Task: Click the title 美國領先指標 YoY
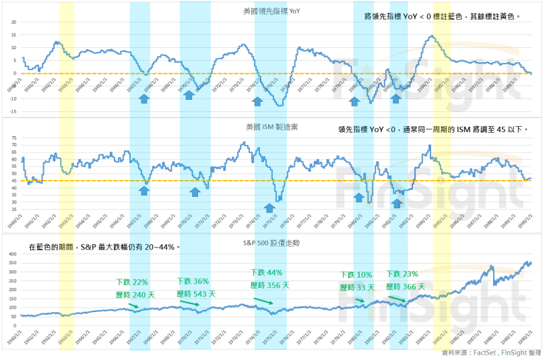271,11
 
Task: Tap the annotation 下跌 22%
131,282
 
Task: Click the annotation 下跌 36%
193,281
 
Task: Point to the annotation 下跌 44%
267,272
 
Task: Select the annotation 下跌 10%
356,275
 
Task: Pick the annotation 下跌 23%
402,274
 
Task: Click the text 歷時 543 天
196,293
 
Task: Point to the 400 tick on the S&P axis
11,253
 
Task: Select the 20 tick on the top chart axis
13,22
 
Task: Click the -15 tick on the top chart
11,111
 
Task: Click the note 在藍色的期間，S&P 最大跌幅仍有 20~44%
104,247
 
